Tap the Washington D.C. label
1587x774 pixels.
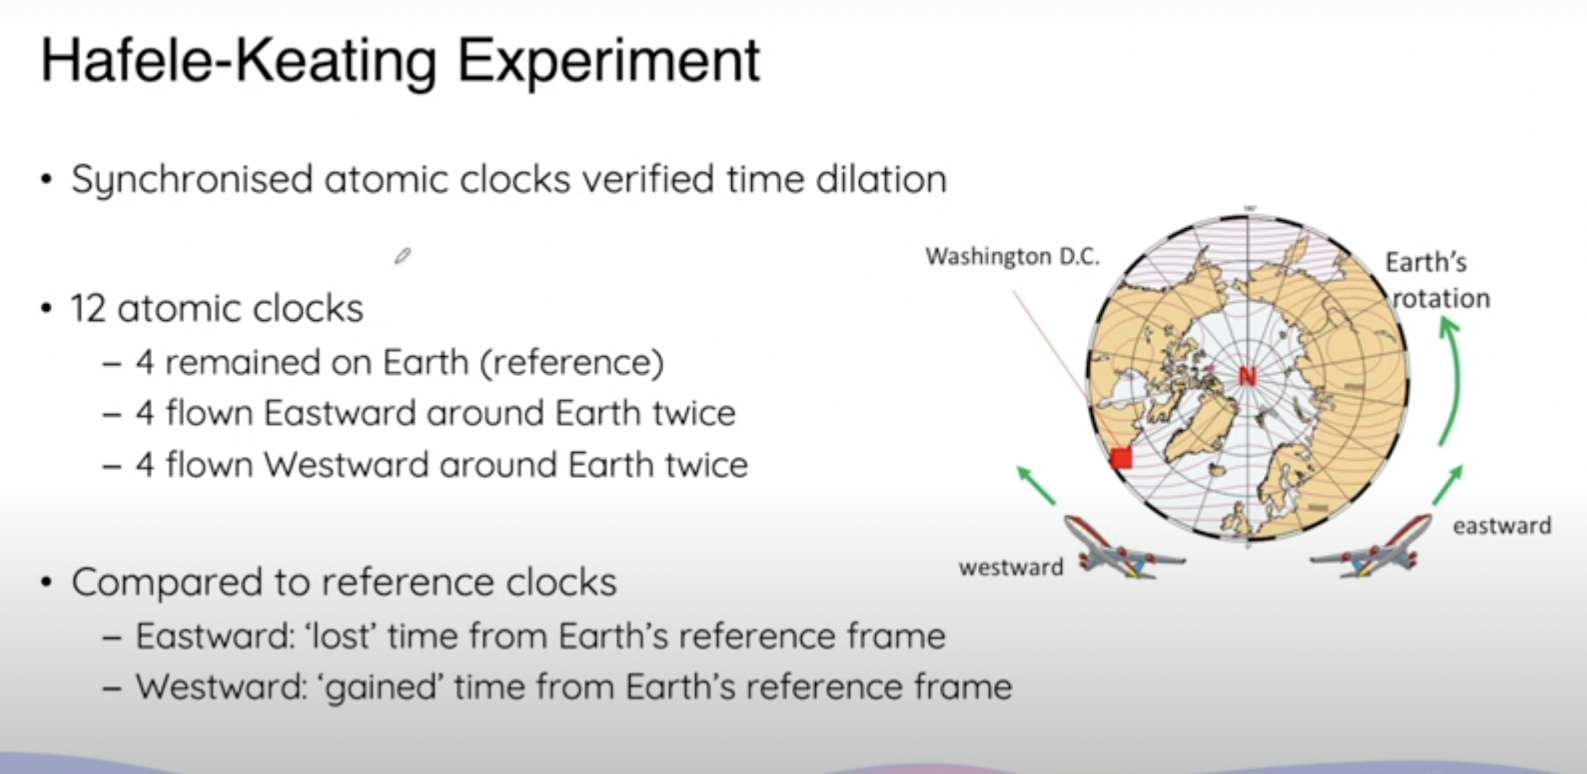coord(1012,256)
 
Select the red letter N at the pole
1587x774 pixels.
coord(1248,376)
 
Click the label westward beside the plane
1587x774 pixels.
coord(1011,567)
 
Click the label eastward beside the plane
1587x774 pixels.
coord(1502,526)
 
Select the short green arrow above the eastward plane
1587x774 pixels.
coord(1447,485)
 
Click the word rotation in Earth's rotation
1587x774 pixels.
coord(1440,299)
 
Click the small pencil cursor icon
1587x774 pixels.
coord(403,256)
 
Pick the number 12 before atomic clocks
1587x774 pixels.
coord(88,308)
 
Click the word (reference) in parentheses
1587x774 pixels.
coord(571,362)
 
